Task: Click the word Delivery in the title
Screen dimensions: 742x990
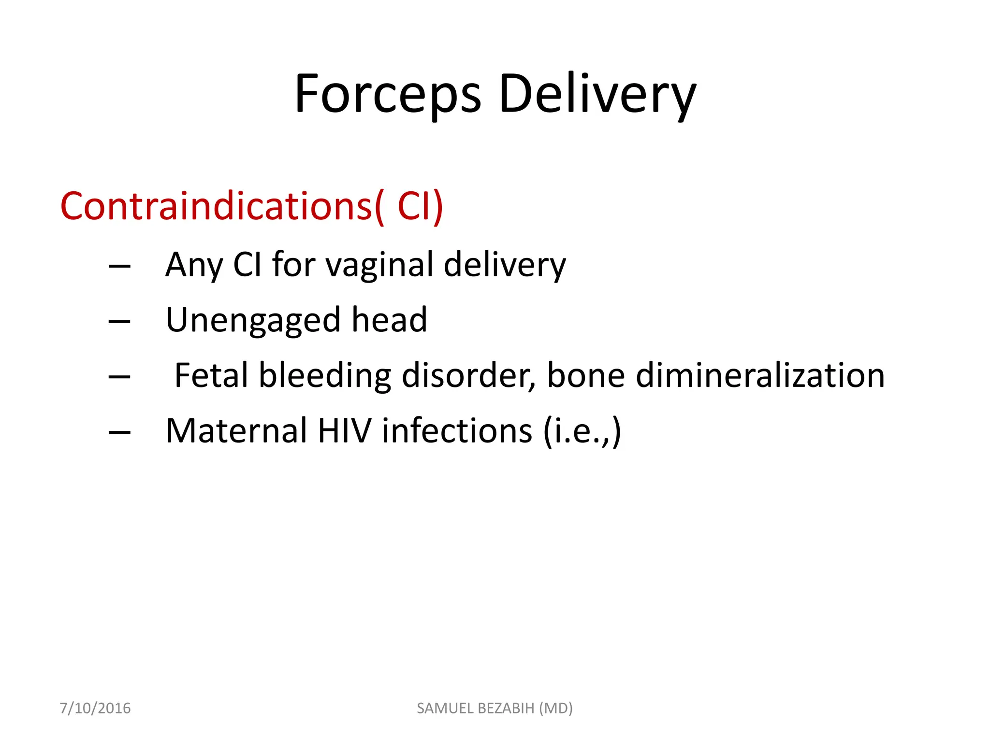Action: point(597,94)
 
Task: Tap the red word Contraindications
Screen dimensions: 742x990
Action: point(216,206)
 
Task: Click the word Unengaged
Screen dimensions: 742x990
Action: point(253,321)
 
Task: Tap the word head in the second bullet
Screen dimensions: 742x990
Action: point(389,320)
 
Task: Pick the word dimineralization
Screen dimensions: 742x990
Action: point(760,375)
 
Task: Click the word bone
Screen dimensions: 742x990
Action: point(586,375)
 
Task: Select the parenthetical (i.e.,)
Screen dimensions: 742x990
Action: point(582,431)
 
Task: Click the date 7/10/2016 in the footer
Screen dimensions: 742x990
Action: point(95,708)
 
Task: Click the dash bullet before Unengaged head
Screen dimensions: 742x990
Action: point(120,322)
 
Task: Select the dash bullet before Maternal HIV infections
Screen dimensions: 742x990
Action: point(120,432)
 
